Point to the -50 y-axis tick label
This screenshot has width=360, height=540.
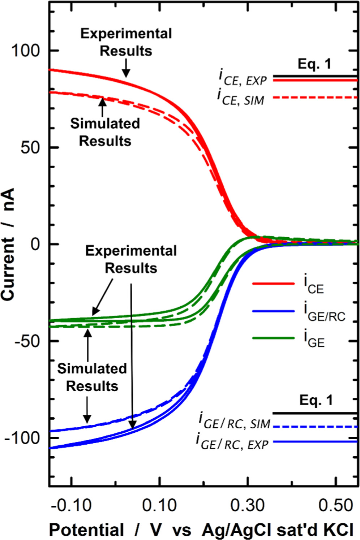point(27,341)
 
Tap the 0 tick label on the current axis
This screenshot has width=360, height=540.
point(35,244)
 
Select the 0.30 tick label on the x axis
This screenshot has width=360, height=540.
point(248,505)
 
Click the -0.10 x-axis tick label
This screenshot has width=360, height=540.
point(72,505)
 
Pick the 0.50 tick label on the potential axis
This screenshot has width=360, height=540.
point(336,505)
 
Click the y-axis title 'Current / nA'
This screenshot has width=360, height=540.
point(8,244)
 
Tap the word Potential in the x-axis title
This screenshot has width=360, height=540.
point(86,530)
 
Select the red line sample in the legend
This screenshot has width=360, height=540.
point(273,284)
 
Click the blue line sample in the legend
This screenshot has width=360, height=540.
point(273,311)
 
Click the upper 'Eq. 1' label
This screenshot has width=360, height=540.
point(314,64)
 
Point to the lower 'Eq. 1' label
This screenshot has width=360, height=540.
point(316,400)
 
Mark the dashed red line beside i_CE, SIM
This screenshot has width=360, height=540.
point(314,98)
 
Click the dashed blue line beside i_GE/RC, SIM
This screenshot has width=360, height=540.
point(314,427)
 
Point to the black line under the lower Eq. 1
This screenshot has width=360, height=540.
point(314,413)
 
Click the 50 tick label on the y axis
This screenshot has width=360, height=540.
point(30,147)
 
